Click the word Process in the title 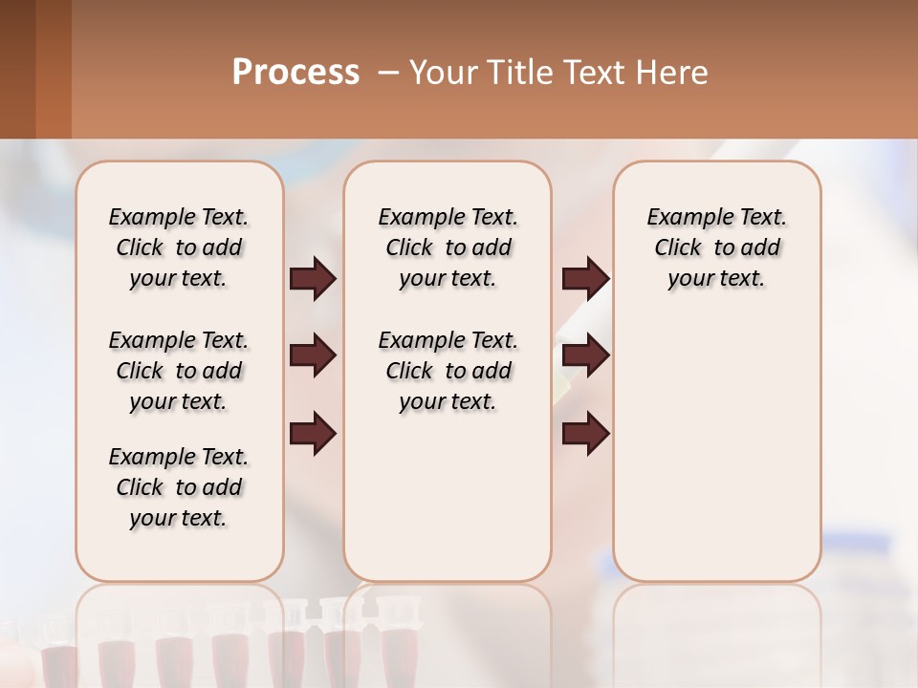pos(295,73)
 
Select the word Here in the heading pos(672,73)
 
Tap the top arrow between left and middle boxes pos(313,279)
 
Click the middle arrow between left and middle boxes pos(313,356)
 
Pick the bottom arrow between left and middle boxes pos(313,434)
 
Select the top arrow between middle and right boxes pos(585,279)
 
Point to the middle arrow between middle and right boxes pos(585,356)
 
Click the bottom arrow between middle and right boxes pos(585,434)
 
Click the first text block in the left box pos(179,247)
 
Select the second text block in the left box pos(179,371)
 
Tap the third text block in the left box pos(179,487)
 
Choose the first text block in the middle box pos(448,247)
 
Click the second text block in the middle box pos(448,371)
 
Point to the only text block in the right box pos(716,247)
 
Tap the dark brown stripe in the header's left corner pos(17,69)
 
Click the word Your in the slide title pos(443,73)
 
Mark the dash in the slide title pos(388,73)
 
